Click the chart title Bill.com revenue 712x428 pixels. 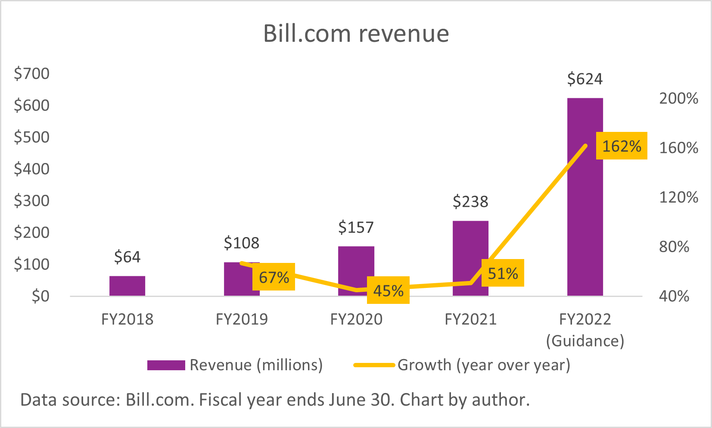click(x=356, y=34)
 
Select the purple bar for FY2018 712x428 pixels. click(x=127, y=286)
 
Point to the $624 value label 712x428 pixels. click(x=585, y=79)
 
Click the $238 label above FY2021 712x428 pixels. click(x=470, y=201)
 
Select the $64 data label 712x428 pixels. click(x=127, y=257)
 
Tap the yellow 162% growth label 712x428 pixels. click(x=621, y=146)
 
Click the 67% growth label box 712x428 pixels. click(x=274, y=277)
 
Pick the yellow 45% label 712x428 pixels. click(x=388, y=291)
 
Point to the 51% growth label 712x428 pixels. click(x=503, y=273)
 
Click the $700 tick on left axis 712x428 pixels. click(x=31, y=73)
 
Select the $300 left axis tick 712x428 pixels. click(x=31, y=200)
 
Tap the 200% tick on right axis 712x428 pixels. click(x=678, y=98)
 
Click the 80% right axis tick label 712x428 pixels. click(x=674, y=247)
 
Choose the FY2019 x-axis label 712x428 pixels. click(x=242, y=319)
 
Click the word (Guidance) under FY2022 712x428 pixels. click(x=585, y=341)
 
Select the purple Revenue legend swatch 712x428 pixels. click(x=166, y=365)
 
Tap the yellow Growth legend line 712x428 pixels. click(x=374, y=365)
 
